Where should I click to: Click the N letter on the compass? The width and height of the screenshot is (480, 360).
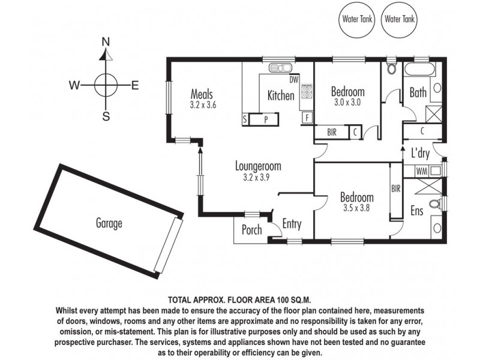(106, 42)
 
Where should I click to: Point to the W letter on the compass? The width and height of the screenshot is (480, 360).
(74, 85)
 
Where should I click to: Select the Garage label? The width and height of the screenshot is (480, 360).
(109, 224)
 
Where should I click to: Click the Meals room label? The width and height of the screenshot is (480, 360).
(202, 94)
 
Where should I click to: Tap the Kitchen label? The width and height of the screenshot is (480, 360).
(281, 95)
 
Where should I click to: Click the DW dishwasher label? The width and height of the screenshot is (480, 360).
(293, 80)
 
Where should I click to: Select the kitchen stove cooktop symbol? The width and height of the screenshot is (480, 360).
(307, 91)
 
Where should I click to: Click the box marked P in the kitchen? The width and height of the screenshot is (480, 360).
(265, 119)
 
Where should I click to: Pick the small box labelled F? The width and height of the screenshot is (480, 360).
(307, 118)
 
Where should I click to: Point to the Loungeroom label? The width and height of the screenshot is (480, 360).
(258, 166)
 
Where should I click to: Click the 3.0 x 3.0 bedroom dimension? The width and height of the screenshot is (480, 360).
(348, 102)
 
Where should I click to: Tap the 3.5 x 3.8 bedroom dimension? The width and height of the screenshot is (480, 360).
(357, 208)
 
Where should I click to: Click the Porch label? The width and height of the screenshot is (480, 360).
(251, 230)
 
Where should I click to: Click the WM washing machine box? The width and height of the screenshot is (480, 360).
(422, 172)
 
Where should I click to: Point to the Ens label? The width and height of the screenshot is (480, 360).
(416, 211)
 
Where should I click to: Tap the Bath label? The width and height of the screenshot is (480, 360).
(418, 93)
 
